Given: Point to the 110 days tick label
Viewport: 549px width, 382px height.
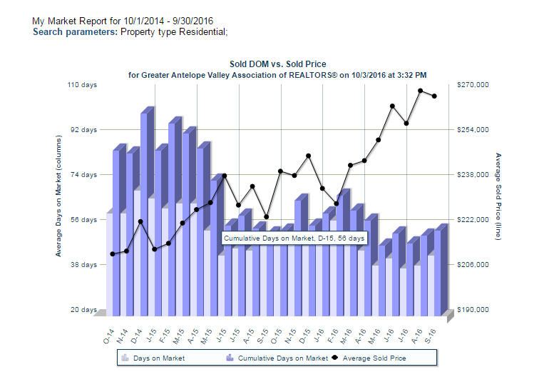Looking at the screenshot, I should (x=82, y=85).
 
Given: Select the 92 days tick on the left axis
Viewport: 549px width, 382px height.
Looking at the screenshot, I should (x=83, y=130).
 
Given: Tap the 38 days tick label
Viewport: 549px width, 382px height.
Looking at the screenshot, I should (x=83, y=265).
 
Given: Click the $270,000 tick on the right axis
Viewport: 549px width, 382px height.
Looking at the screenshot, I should (x=472, y=85).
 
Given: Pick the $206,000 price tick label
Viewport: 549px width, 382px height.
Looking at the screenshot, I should (x=472, y=265).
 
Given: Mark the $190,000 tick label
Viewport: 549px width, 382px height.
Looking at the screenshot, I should (x=472, y=310).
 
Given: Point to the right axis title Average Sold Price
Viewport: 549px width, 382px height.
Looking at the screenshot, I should (x=498, y=196).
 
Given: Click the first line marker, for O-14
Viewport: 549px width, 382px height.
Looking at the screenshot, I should (x=113, y=253).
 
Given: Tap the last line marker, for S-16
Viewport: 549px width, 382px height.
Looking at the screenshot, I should (x=435, y=96).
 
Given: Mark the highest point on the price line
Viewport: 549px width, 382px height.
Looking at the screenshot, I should (x=421, y=91).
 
